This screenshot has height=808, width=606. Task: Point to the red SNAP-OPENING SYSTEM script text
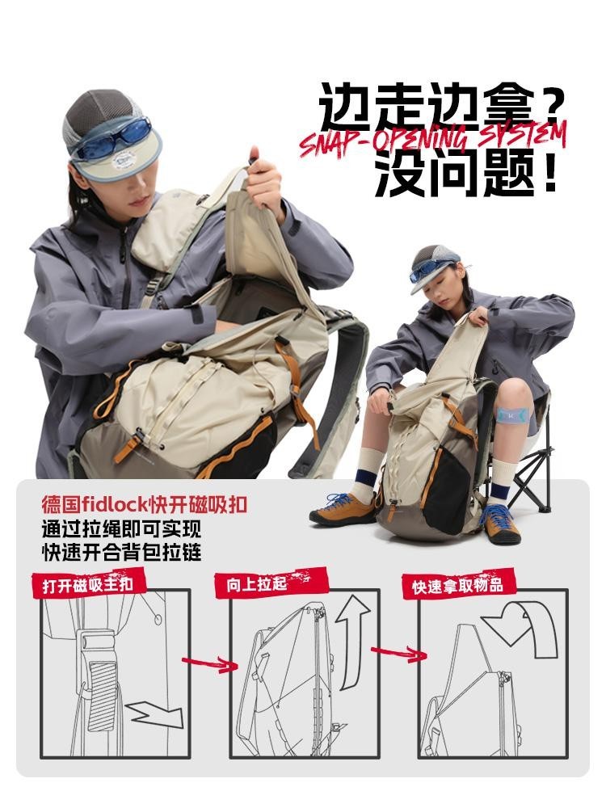[433, 138]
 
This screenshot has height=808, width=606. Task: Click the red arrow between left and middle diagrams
[209, 663]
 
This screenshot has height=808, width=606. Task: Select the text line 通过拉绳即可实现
[121, 529]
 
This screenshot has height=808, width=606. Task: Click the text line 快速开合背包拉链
[121, 553]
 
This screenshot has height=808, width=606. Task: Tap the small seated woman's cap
[433, 267]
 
